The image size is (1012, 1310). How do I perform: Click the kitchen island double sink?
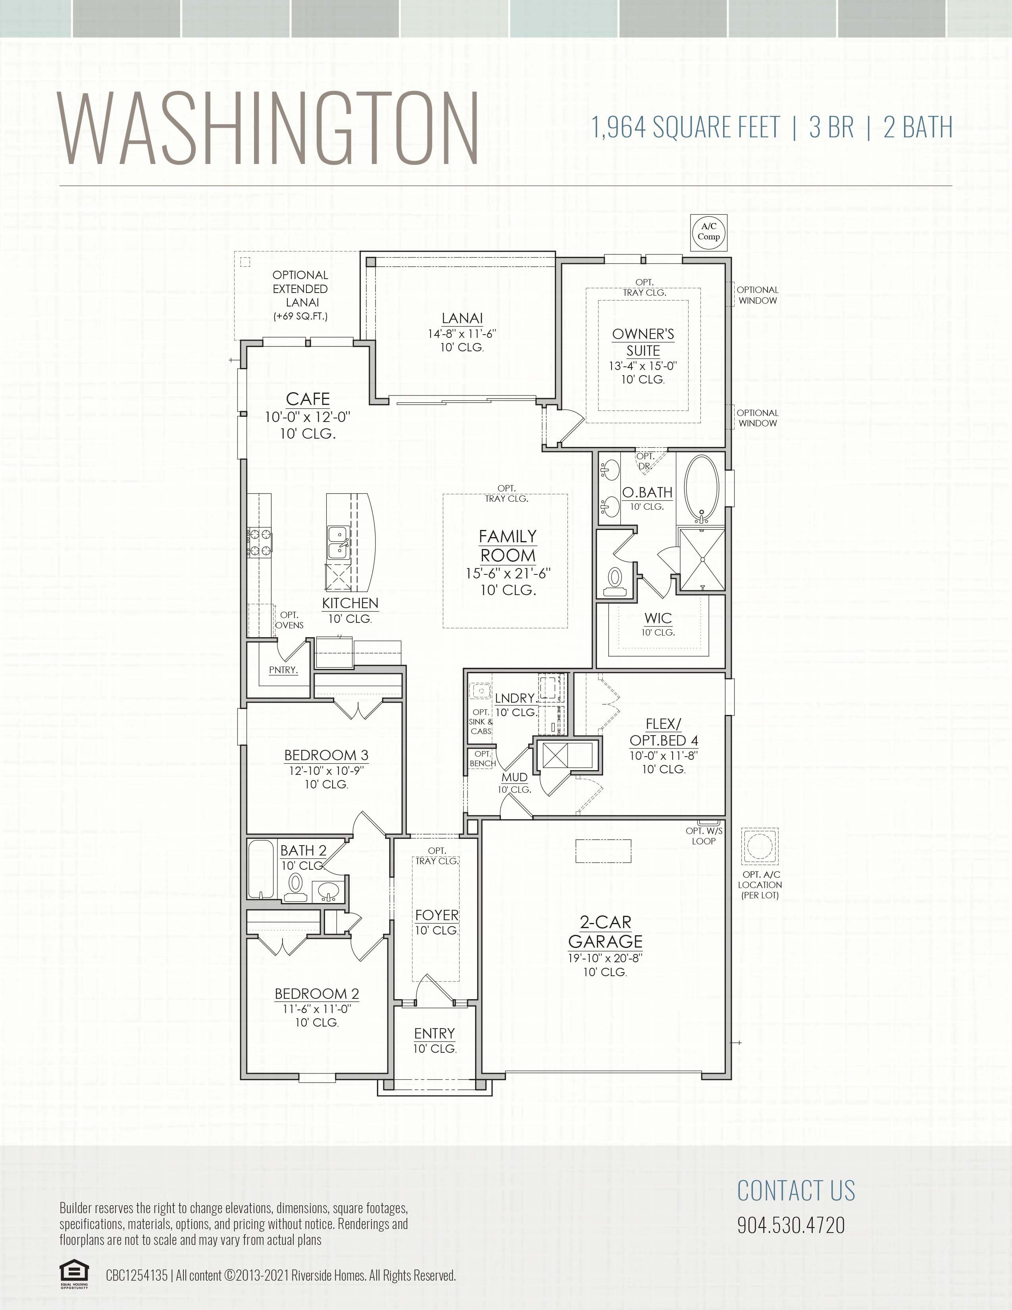[x=338, y=541]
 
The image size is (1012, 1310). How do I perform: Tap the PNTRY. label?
[x=283, y=670]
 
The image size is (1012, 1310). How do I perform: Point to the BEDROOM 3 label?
[x=326, y=755]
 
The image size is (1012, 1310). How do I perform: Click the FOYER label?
[x=437, y=915]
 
